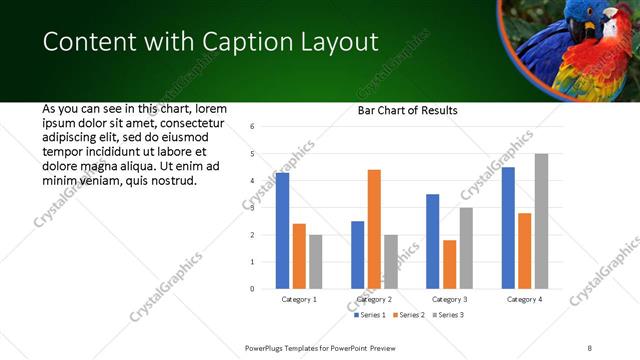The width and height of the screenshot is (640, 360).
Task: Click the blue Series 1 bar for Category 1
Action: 282,230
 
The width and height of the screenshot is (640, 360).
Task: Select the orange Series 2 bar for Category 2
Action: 374,229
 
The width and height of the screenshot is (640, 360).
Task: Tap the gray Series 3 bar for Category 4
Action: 541,221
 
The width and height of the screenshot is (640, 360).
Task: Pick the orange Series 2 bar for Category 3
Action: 449,264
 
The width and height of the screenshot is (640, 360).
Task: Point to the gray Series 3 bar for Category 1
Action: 315,261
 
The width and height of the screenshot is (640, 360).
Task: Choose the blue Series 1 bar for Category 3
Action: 432,241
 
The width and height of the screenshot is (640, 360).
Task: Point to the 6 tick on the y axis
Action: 253,126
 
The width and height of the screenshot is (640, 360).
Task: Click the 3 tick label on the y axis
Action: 253,208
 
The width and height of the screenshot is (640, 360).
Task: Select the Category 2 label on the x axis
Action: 374,299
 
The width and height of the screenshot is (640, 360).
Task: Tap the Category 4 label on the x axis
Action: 524,299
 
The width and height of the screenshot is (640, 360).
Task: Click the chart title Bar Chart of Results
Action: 408,110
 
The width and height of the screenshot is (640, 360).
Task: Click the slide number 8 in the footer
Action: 590,347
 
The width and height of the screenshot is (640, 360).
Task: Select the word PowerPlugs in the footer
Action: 267,347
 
